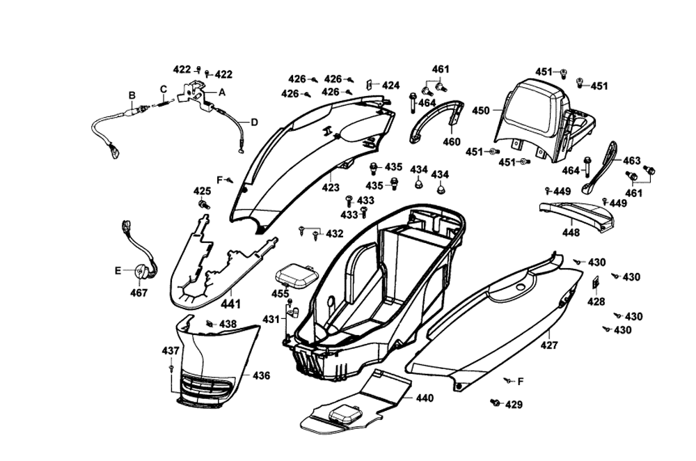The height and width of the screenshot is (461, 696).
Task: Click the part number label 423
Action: click(x=331, y=187)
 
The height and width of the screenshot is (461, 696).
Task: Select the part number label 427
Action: click(x=550, y=345)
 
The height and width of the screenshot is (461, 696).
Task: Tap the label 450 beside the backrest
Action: click(x=481, y=110)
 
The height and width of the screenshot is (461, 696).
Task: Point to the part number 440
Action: click(x=425, y=398)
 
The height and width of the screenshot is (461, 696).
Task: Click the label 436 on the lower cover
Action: click(x=261, y=376)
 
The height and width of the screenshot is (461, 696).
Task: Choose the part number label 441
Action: click(x=231, y=304)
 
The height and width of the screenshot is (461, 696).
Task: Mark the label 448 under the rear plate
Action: click(x=571, y=233)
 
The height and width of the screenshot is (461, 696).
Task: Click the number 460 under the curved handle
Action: click(x=452, y=142)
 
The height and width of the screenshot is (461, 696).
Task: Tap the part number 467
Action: click(x=139, y=293)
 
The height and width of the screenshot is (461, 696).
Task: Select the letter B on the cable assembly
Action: click(x=131, y=95)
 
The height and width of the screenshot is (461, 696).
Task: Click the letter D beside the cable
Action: click(x=254, y=123)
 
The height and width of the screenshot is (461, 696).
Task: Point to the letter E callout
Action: click(x=118, y=270)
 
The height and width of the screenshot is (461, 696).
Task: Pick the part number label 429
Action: click(x=514, y=405)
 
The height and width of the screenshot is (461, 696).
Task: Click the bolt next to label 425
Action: click(x=205, y=205)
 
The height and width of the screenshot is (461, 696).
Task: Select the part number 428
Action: click(x=596, y=302)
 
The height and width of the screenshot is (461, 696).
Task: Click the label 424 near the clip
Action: click(x=390, y=86)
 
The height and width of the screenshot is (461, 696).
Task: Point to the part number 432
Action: click(x=334, y=233)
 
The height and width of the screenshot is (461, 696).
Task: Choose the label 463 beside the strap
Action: click(x=631, y=161)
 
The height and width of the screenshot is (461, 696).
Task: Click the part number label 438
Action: click(x=228, y=324)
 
